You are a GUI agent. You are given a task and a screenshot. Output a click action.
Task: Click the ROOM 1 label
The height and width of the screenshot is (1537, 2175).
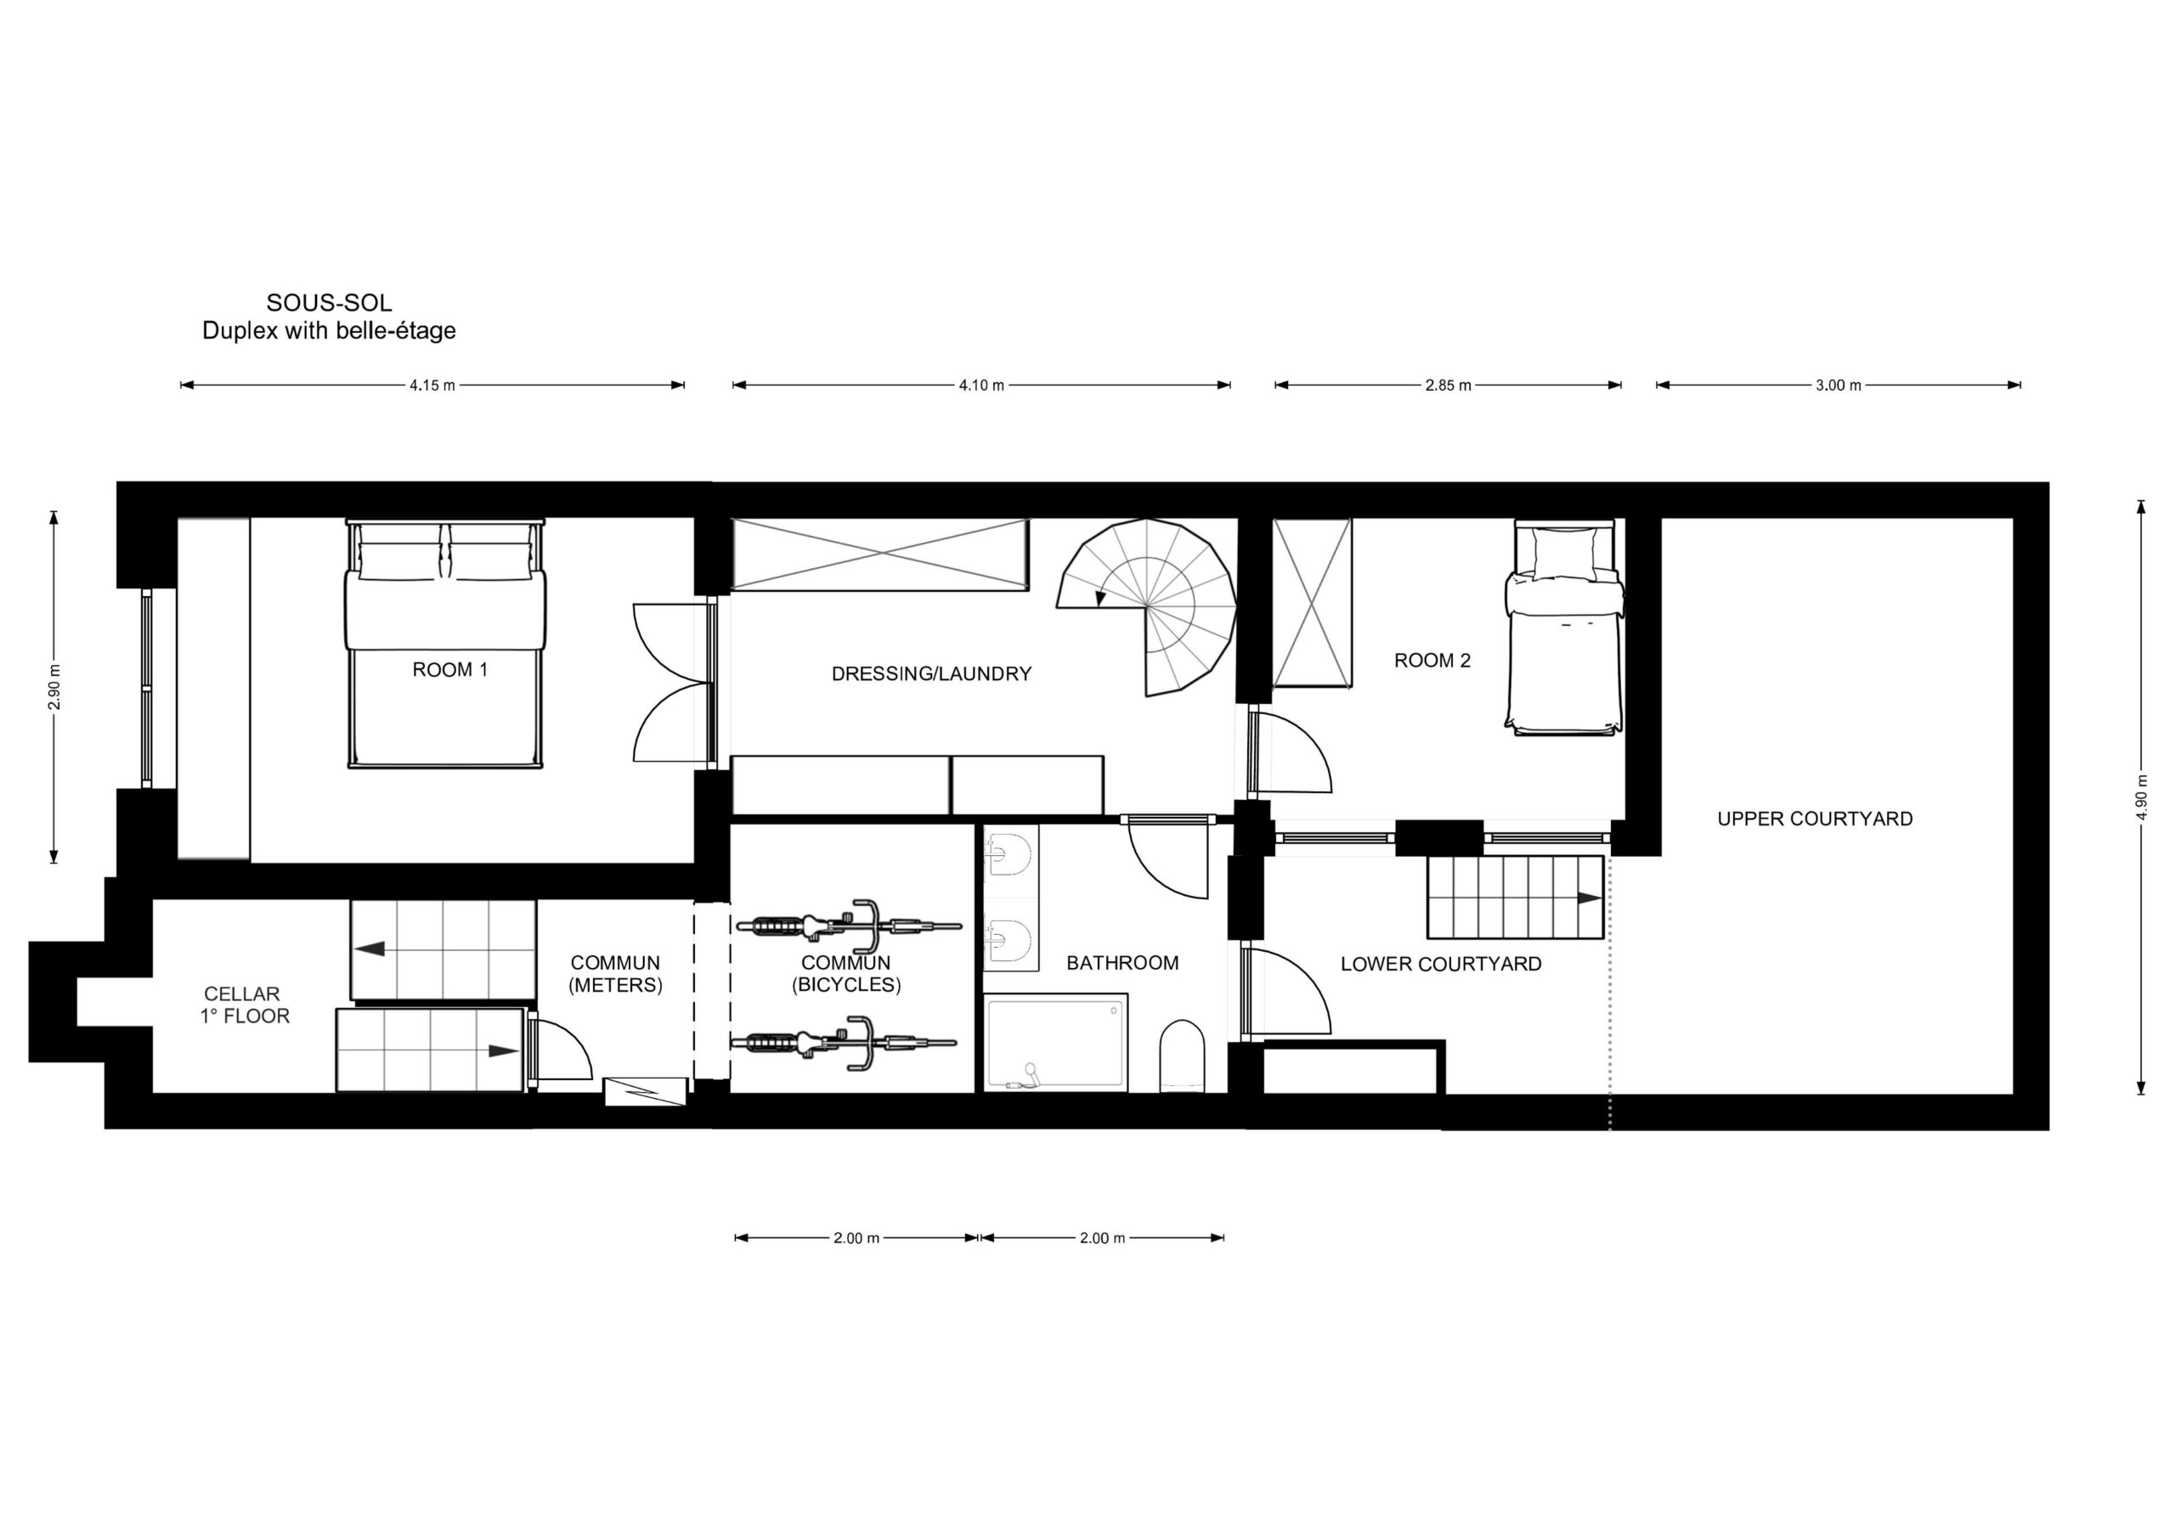(x=450, y=669)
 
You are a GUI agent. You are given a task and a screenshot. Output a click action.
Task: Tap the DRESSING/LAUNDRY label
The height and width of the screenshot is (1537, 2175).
(x=931, y=674)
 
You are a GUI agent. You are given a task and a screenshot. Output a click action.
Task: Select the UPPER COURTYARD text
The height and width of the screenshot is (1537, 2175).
(x=1815, y=819)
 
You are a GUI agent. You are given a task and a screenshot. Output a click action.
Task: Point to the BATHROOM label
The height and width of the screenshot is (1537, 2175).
(x=1122, y=963)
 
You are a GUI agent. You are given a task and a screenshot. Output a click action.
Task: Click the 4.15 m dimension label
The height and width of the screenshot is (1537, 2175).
(x=432, y=386)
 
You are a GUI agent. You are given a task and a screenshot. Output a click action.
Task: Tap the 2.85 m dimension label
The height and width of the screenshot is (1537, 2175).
(x=1449, y=386)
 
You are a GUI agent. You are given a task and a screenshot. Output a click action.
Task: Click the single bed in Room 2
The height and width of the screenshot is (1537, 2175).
(x=1564, y=627)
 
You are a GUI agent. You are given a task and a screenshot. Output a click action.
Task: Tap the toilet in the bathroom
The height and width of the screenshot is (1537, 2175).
(x=1182, y=1055)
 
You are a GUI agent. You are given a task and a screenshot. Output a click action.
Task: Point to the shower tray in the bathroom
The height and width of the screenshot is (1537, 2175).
(x=1056, y=1043)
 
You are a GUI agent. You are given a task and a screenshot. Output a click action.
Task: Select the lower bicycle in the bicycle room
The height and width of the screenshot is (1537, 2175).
(x=843, y=1043)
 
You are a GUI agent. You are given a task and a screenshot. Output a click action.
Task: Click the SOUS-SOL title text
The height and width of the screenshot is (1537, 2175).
(x=329, y=303)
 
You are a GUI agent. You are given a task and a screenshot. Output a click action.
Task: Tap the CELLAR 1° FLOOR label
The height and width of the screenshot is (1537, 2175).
(x=244, y=1005)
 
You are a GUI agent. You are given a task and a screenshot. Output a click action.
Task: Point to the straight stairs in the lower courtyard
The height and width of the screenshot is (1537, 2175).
(x=1516, y=897)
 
